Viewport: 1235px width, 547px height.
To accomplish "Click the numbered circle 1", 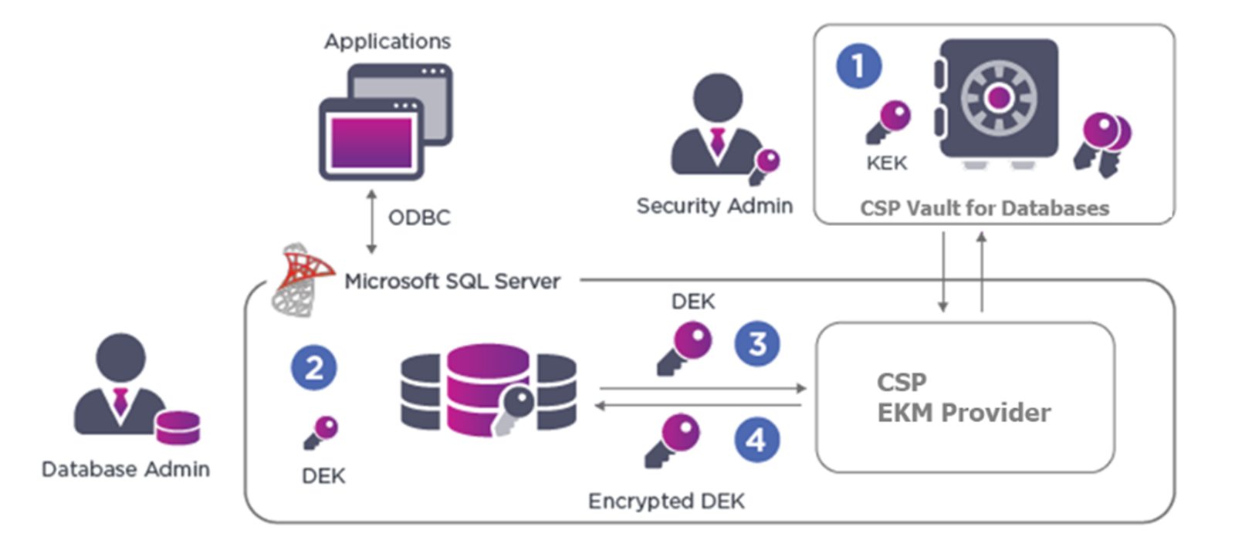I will (x=858, y=66).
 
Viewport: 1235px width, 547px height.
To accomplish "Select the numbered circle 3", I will (x=756, y=343).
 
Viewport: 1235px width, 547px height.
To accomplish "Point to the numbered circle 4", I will (x=756, y=440).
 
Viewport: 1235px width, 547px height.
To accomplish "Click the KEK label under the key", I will (x=886, y=164).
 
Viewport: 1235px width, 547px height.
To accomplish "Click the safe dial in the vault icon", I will (x=998, y=98).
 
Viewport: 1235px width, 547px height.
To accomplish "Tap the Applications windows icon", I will (x=386, y=121).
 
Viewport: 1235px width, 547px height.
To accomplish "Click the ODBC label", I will (x=418, y=218).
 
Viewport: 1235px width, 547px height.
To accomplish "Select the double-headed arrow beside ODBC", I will (x=371, y=222).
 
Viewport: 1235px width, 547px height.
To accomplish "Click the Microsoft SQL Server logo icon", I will (x=302, y=279).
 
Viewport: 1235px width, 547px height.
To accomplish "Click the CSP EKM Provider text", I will (x=963, y=397).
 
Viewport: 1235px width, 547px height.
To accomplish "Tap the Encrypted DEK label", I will (x=666, y=501).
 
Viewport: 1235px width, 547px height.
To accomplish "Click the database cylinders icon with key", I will (x=488, y=390).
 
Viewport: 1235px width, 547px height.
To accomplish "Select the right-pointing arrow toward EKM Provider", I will (x=702, y=389).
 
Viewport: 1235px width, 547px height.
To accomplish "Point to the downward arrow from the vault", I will (x=942, y=272).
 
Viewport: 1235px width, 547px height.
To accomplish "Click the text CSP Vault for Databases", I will (x=984, y=208).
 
